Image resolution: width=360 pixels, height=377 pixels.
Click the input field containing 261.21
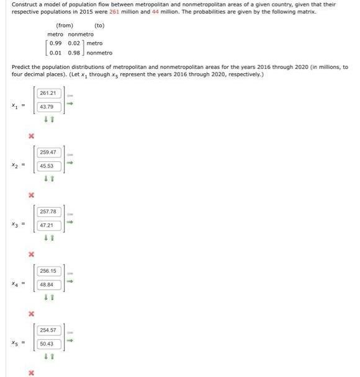click(48, 93)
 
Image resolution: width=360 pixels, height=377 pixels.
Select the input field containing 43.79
click(48, 107)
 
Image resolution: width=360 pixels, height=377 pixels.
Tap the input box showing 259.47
click(48, 152)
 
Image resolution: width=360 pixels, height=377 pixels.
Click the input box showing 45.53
click(48, 166)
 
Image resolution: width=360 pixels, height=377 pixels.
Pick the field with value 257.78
click(48, 211)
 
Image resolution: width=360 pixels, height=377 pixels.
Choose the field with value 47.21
click(48, 225)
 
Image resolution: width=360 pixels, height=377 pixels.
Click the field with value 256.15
click(48, 271)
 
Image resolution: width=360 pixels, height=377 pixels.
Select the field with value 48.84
click(48, 285)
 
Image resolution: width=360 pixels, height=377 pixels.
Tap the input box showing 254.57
click(48, 330)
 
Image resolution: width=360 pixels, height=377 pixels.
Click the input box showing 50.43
click(48, 344)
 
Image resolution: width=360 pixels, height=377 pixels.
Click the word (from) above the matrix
click(65, 25)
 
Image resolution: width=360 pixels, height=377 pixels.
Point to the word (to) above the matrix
click(99, 25)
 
